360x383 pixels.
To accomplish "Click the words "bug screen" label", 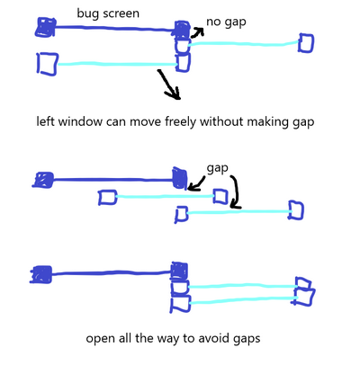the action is pos(108,13).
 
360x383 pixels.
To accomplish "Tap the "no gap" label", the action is pos(226,22).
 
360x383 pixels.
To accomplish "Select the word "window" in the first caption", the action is pos(80,121).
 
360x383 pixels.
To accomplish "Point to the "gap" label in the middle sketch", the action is pos(218,169).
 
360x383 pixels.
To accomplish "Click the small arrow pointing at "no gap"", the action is pos(197,32).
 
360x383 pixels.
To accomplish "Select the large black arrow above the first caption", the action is pos(169,85).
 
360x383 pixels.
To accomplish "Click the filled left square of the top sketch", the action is pos(46,27).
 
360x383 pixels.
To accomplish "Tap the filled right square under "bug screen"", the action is pos(182,30).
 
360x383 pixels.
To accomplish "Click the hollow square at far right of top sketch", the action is pos(306,43).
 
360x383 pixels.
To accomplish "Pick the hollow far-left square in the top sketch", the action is pos(48,64).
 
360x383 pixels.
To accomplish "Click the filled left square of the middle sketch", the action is pos(43,180).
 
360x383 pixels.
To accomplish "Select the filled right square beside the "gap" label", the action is pos(180,178).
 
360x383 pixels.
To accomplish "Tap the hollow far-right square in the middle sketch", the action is pos(296,210).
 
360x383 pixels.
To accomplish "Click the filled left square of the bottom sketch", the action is pos(41,274).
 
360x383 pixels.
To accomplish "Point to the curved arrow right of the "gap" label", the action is pos(237,191).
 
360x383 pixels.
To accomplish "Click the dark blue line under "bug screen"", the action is pos(114,29).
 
